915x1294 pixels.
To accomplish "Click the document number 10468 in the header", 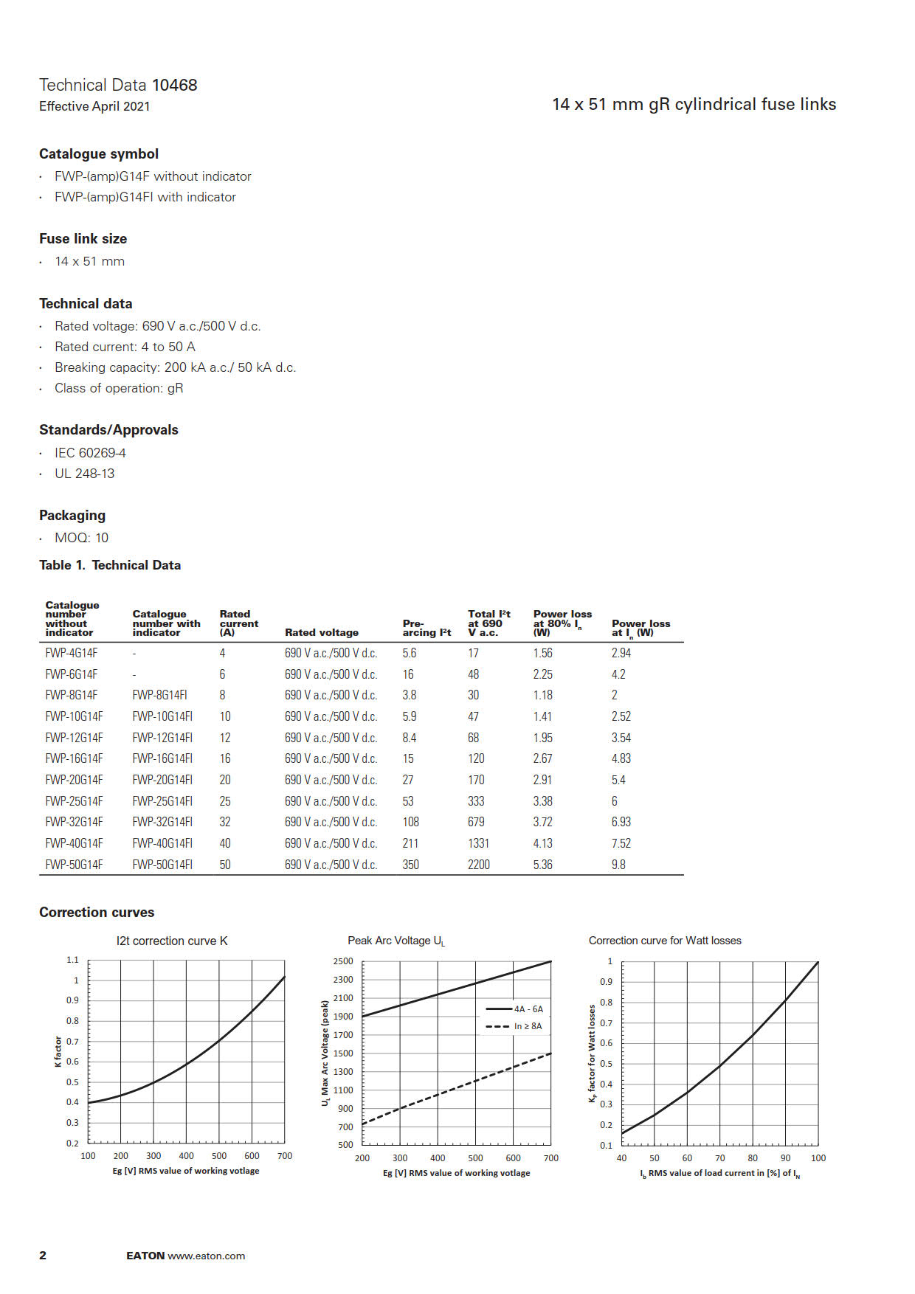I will pyautogui.click(x=175, y=85).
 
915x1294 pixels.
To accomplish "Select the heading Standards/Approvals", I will pyautogui.click(x=108, y=430).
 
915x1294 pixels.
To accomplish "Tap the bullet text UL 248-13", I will pyautogui.click(x=84, y=474).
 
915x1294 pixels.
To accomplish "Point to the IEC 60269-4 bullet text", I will pyautogui.click(x=90, y=453).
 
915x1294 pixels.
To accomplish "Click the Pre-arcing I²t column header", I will pyautogui.click(x=427, y=628).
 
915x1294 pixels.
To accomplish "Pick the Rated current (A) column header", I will pyautogui.click(x=238, y=623).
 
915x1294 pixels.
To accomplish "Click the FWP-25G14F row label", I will pyautogui.click(x=74, y=801).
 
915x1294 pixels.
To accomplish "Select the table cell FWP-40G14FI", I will pyautogui.click(x=162, y=843).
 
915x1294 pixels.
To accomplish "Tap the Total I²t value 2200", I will pyautogui.click(x=478, y=865).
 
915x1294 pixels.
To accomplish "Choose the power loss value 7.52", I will pyautogui.click(x=621, y=843).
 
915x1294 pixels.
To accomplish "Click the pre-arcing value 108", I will pyautogui.click(x=410, y=822).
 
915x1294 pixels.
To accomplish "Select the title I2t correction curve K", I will pyautogui.click(x=172, y=941).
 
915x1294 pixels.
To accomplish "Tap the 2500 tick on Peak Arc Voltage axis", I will pyautogui.click(x=343, y=961).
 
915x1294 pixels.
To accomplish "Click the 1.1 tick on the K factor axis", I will pyautogui.click(x=72, y=960).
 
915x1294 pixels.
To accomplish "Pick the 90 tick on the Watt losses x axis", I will pyautogui.click(x=785, y=1158).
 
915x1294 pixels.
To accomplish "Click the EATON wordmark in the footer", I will pyautogui.click(x=145, y=1256).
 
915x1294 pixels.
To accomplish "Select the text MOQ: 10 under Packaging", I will pyautogui.click(x=81, y=538).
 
